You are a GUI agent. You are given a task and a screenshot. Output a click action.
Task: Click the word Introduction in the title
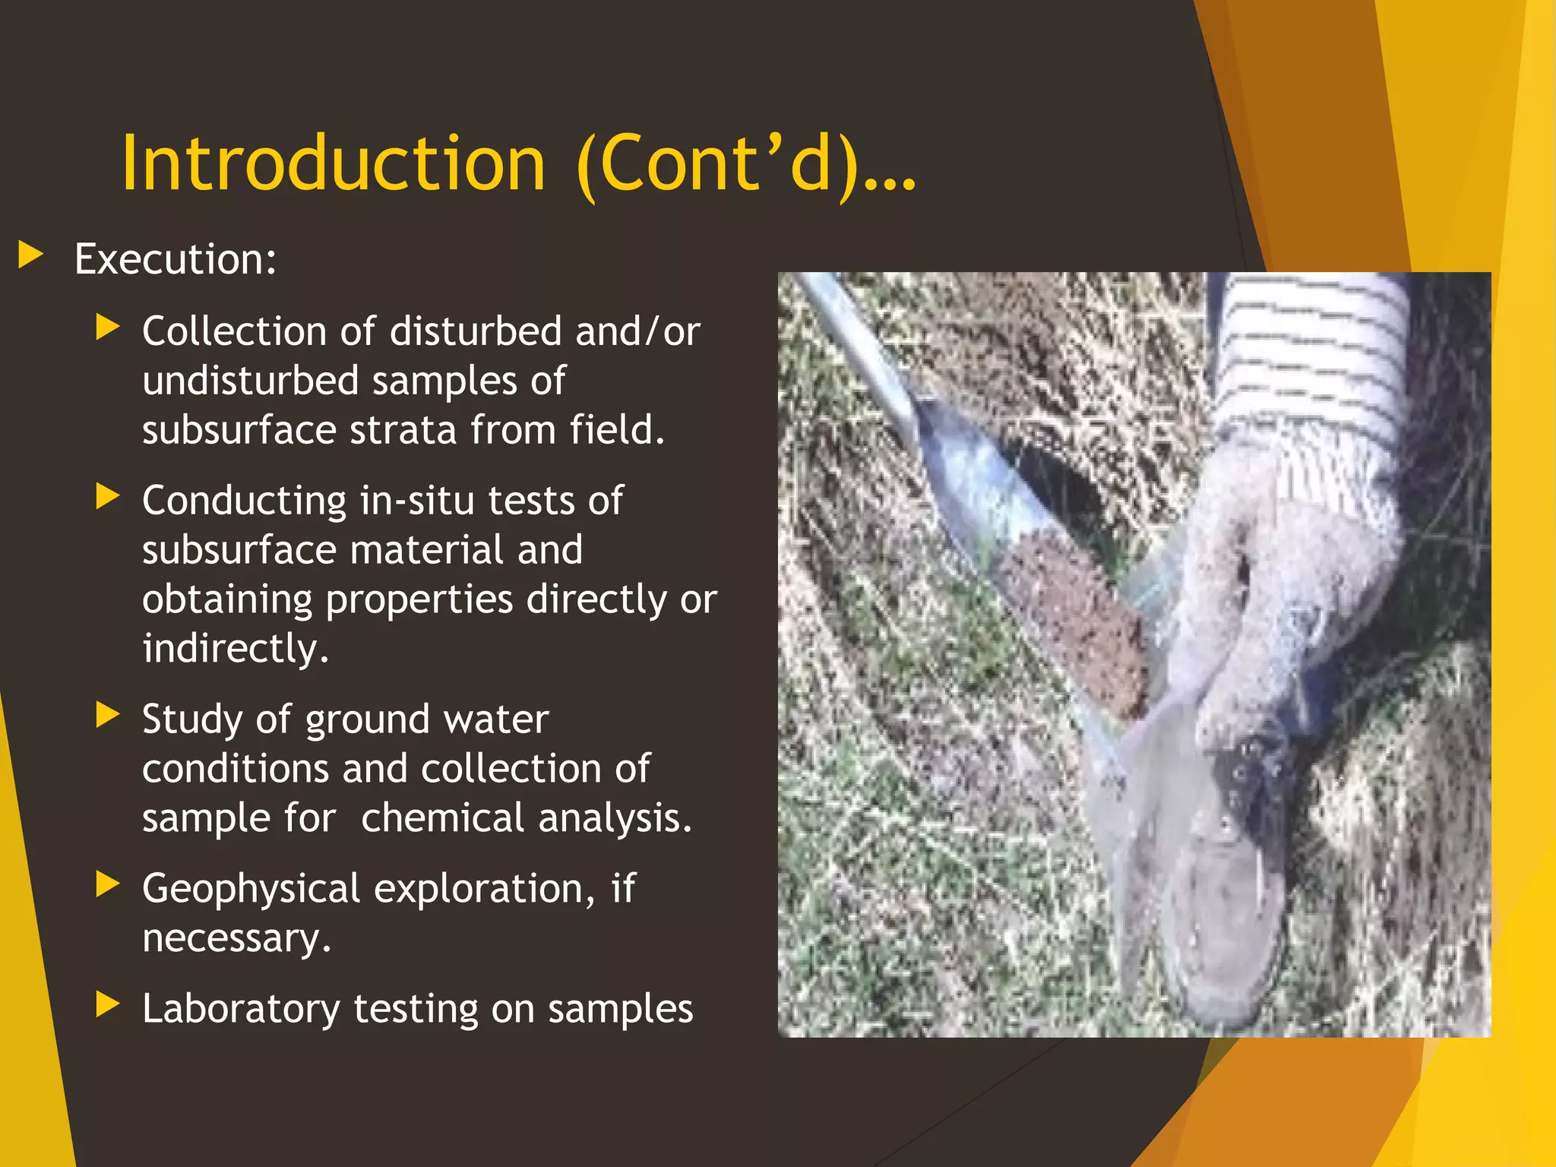click(333, 163)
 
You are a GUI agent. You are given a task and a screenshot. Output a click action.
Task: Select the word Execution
click(173, 260)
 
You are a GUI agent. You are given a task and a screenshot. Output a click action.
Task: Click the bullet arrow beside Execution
click(30, 255)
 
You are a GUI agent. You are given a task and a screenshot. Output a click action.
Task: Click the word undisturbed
click(249, 381)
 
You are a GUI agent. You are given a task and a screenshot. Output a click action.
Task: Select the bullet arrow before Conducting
click(108, 497)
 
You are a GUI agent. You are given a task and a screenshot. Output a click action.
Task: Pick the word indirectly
click(234, 649)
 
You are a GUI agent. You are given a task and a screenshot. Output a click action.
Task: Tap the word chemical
click(443, 818)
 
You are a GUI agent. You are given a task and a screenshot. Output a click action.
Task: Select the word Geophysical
click(251, 889)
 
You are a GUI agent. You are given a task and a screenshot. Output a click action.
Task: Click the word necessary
click(236, 938)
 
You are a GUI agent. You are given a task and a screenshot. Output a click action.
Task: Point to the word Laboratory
click(241, 1010)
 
